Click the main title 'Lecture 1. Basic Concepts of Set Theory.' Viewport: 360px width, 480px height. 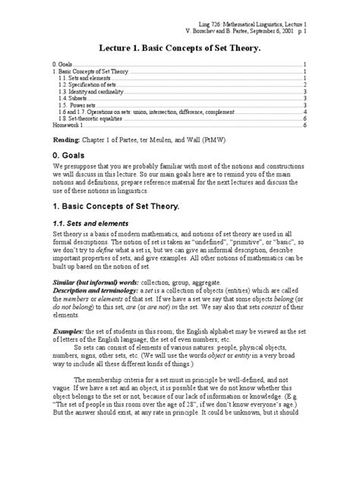pyautogui.click(x=179, y=48)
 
